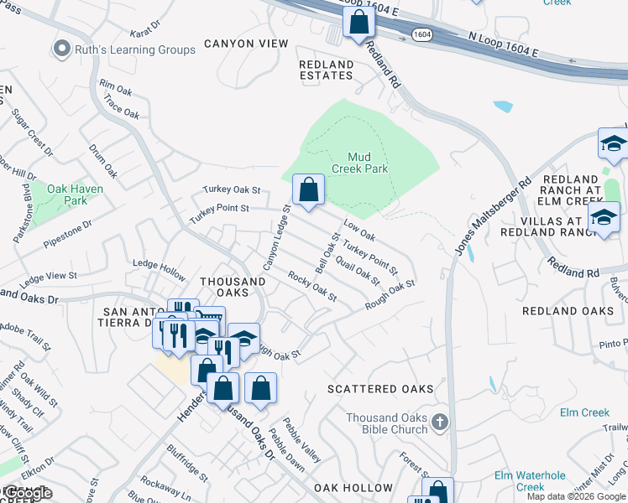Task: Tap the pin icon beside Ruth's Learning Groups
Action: point(60,49)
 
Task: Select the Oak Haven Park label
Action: point(76,194)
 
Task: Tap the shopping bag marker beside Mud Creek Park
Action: point(309,189)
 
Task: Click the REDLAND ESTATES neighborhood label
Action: point(326,70)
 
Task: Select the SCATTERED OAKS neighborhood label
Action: point(380,389)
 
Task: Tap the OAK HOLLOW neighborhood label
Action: point(353,487)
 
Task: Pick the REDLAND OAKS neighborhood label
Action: point(568,311)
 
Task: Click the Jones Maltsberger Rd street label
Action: point(495,215)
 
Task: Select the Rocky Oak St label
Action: point(311,286)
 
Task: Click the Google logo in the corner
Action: point(28,494)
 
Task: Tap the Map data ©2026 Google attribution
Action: point(576,496)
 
